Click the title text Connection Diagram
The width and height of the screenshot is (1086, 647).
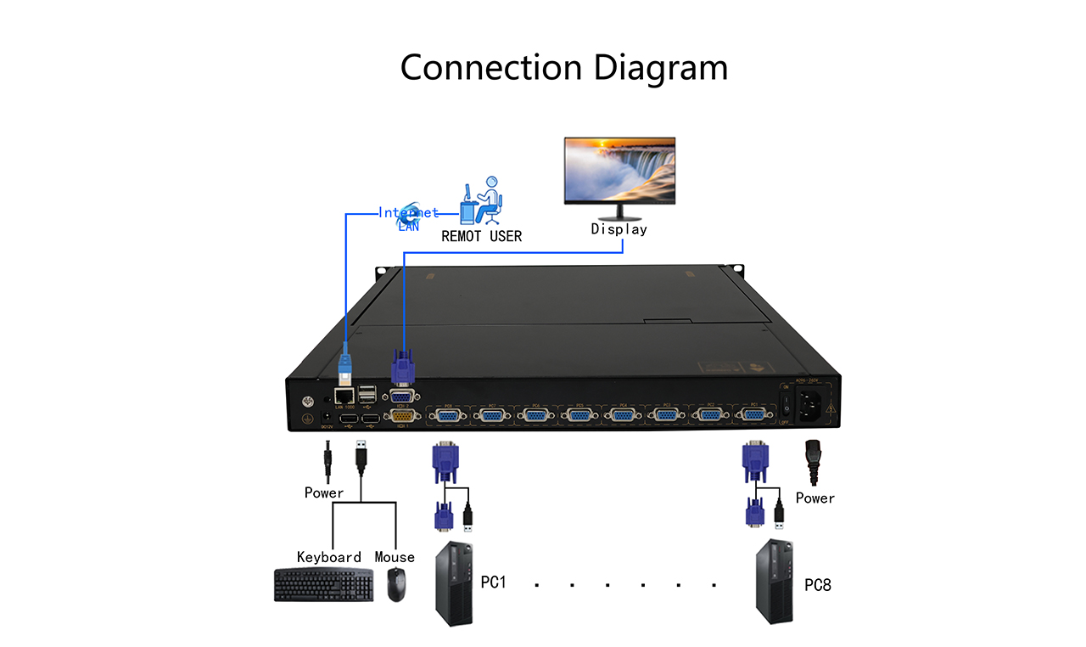tap(563, 67)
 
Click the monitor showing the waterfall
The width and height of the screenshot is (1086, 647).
tap(620, 171)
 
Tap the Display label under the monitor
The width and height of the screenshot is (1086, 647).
tap(619, 228)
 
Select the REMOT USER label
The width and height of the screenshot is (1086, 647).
tap(481, 236)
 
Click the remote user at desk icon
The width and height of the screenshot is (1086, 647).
tap(481, 200)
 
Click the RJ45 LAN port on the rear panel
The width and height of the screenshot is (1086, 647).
tap(345, 395)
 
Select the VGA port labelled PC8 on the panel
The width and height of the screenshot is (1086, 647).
tap(447, 414)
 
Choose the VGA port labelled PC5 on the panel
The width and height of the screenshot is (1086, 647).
tap(579, 414)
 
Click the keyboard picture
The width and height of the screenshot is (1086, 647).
tap(323, 585)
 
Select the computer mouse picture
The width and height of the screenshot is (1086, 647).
tap(395, 584)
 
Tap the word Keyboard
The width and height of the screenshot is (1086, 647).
tap(329, 557)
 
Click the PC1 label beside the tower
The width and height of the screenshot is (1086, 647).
tap(494, 582)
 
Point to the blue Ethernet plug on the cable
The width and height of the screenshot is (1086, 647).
tap(345, 366)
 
